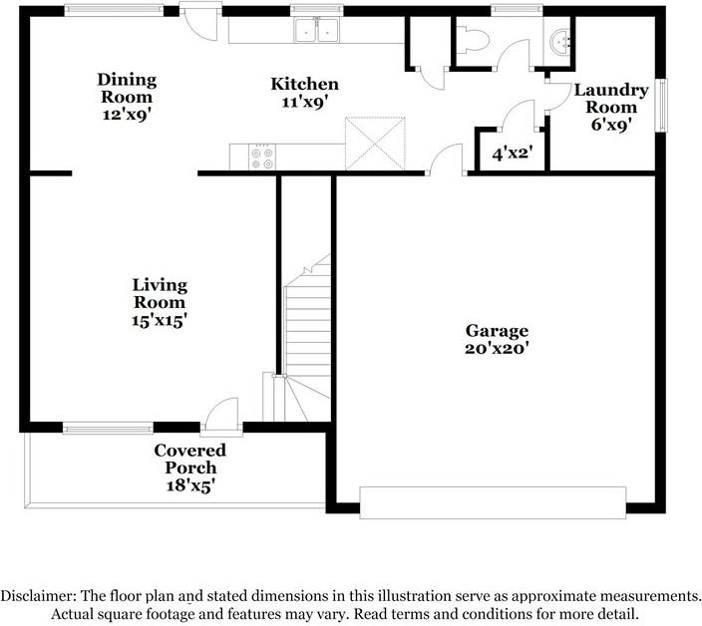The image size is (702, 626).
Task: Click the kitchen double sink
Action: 316,30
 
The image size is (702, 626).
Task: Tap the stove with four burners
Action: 262,157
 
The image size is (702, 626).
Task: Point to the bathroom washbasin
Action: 559,42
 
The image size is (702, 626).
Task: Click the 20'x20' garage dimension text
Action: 497,348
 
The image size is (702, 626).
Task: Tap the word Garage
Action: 497,331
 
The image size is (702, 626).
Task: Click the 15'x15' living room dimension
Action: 159,320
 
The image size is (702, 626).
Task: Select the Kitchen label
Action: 304,84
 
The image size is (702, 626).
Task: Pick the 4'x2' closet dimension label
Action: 512,154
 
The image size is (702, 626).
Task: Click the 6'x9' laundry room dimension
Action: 611,125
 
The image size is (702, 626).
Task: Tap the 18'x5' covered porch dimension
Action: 190,485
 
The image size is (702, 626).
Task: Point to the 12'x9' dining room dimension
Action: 126,115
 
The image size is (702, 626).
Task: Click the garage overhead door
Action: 493,502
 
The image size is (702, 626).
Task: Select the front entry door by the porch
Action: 221,418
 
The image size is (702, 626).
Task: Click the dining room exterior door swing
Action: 200,22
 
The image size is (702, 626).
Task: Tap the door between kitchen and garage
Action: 446,159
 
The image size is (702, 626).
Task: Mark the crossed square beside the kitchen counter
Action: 375,144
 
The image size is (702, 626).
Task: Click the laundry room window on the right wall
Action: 661,105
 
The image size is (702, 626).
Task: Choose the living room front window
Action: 108,428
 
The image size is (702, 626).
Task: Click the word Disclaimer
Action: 38,596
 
